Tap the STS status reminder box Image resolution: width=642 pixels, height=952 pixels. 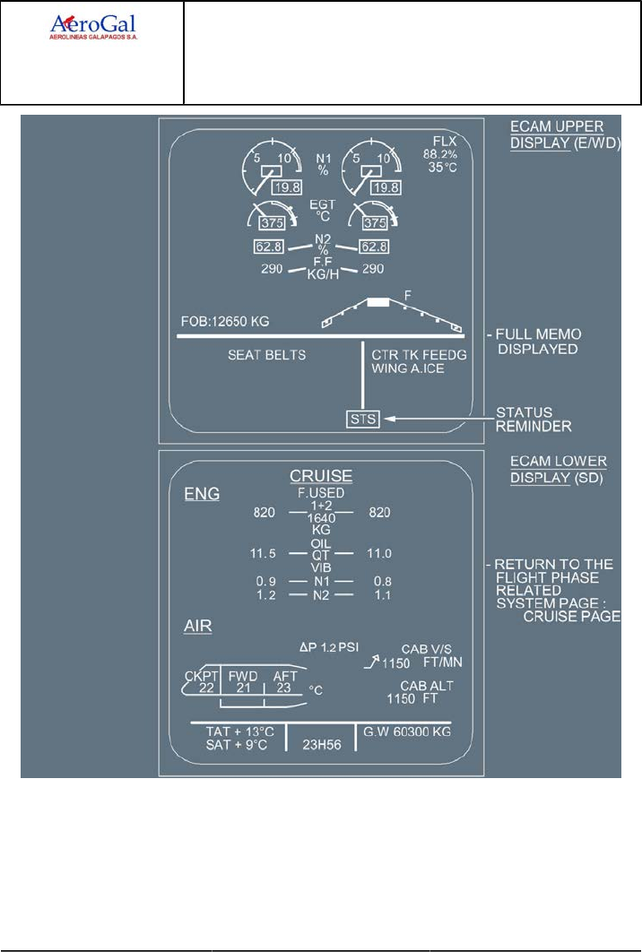(364, 418)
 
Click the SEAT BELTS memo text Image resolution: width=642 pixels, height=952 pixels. (266, 355)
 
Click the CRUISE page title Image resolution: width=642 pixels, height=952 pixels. (320, 475)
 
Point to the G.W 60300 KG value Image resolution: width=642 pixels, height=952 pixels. (406, 731)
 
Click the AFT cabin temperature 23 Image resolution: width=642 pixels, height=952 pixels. (285, 688)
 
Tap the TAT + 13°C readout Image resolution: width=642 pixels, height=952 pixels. (237, 731)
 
